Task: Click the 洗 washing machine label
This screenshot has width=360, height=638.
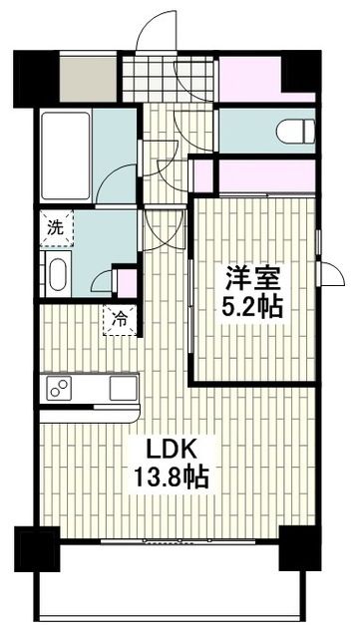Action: (56, 226)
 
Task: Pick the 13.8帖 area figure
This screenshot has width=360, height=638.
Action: (172, 478)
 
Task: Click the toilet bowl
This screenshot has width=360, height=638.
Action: (296, 130)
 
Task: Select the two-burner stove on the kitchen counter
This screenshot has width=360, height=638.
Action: (58, 388)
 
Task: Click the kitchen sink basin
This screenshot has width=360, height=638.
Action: (123, 388)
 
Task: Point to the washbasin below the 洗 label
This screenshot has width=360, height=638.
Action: (57, 274)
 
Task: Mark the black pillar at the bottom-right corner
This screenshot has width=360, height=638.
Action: (297, 549)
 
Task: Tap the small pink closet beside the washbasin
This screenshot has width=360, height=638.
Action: (126, 282)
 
